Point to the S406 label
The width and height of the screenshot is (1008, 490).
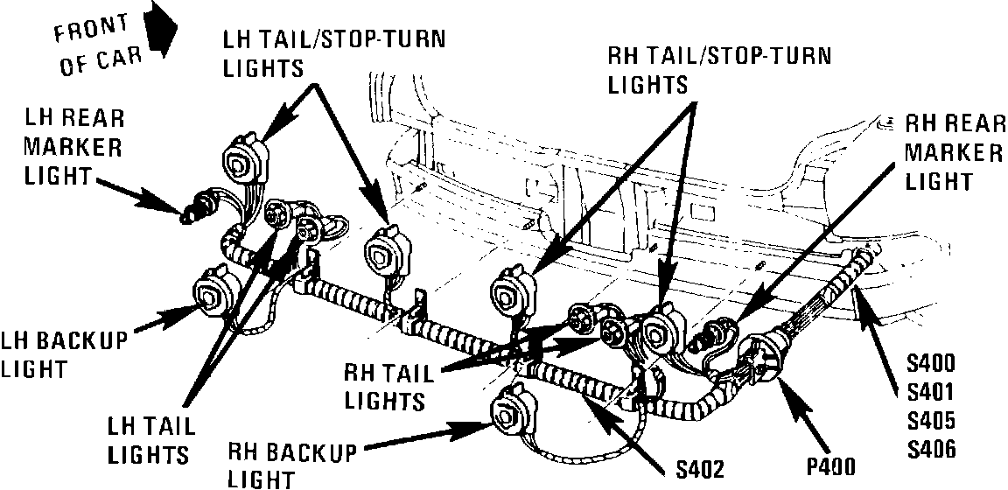(932, 450)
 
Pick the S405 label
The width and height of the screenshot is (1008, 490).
(932, 420)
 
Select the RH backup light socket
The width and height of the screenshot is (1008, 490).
(511, 412)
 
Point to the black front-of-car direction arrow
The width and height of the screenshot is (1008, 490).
(161, 32)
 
